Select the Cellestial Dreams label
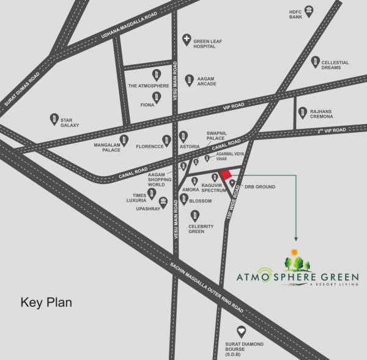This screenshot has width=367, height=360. point(336,65)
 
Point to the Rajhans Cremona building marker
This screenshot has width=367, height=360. point(302,112)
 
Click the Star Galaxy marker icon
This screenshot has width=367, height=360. point(54,118)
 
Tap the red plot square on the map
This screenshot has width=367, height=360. point(226,175)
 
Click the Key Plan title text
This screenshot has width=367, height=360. point(46,302)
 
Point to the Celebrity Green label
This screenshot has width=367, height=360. point(201,229)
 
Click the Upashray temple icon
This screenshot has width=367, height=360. point(163,202)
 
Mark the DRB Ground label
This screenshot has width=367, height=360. point(259,186)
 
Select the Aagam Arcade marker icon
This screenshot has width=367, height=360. point(189,79)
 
